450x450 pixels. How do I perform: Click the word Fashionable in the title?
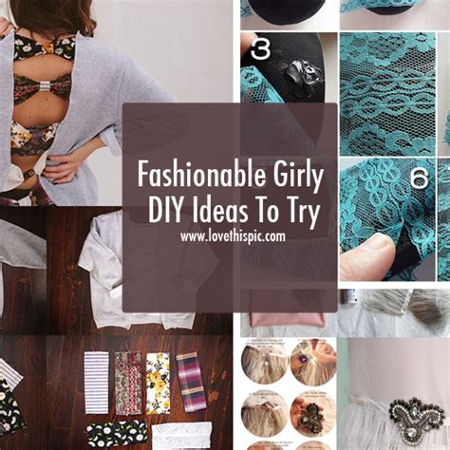202,175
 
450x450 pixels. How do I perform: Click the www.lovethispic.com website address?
233,236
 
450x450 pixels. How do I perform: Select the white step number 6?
420,178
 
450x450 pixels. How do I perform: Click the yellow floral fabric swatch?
158,384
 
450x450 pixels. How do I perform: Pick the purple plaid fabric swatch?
191,383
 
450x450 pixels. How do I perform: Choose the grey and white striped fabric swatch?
97,383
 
